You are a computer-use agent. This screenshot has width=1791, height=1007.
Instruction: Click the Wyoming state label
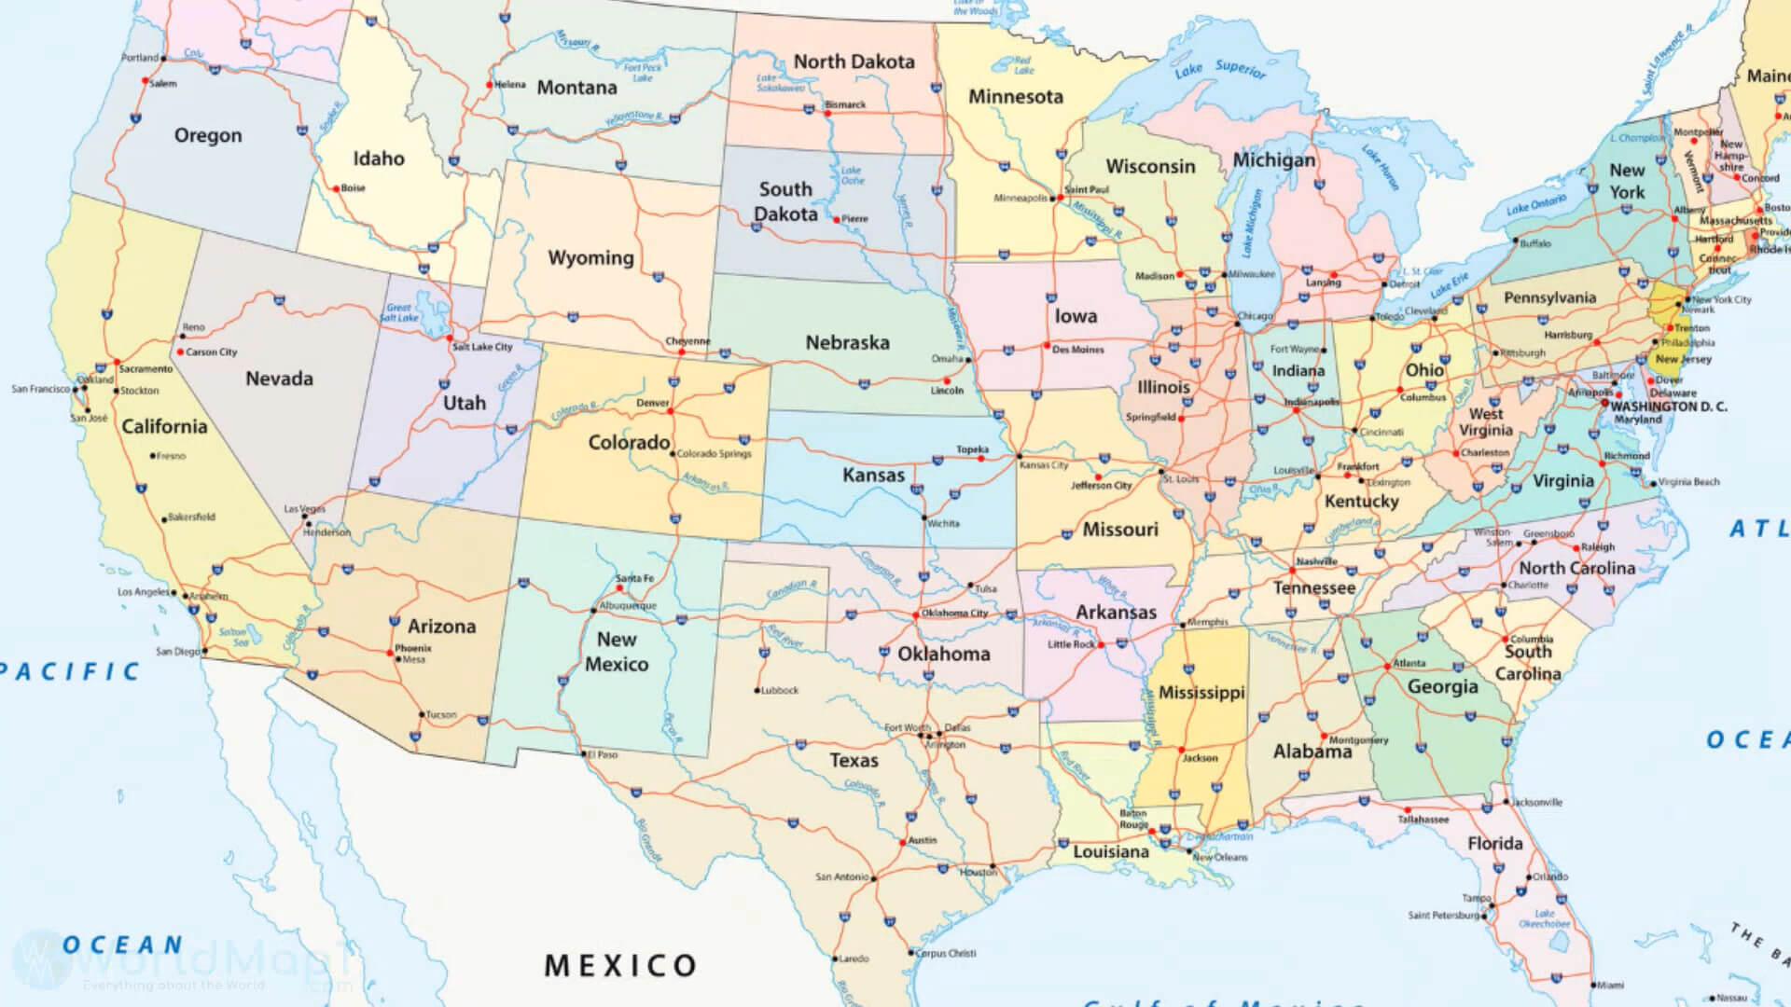(x=590, y=257)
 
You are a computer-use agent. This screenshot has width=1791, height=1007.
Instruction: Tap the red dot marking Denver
(x=671, y=411)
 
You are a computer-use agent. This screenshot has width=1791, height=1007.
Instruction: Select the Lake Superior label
(x=1220, y=69)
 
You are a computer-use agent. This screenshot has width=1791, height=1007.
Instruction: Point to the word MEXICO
(x=620, y=965)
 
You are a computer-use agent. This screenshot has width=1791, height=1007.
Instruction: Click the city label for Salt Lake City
(x=482, y=347)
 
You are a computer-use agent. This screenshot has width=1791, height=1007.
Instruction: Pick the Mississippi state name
(x=1201, y=693)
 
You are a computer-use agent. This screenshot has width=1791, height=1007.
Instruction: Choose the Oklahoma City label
(x=954, y=614)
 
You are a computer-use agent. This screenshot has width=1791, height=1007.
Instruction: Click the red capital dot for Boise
(x=337, y=188)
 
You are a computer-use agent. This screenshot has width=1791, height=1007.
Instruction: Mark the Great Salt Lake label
(x=399, y=312)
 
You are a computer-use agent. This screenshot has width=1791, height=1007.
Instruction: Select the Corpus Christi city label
(x=946, y=953)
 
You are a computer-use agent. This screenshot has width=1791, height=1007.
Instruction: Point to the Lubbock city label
(x=780, y=691)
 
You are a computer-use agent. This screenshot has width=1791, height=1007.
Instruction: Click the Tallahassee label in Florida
(x=1423, y=820)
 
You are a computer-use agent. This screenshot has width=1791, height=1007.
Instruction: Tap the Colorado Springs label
(x=714, y=454)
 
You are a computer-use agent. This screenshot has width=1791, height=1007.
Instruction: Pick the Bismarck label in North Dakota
(x=845, y=105)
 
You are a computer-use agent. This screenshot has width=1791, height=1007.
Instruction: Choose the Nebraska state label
(x=847, y=342)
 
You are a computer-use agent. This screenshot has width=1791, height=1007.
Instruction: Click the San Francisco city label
(x=40, y=389)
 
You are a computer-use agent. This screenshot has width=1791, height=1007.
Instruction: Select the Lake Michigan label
(x=1250, y=224)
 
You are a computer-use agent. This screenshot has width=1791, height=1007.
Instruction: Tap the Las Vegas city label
(x=304, y=509)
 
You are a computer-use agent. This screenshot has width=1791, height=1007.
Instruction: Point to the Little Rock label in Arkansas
(x=1070, y=644)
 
